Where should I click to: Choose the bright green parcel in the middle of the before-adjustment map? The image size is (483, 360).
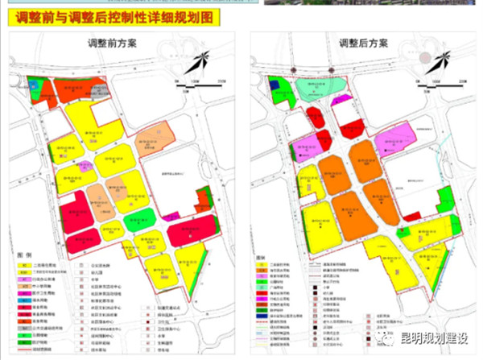(140, 217)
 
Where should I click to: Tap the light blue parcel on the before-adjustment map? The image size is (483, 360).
(34, 83)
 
